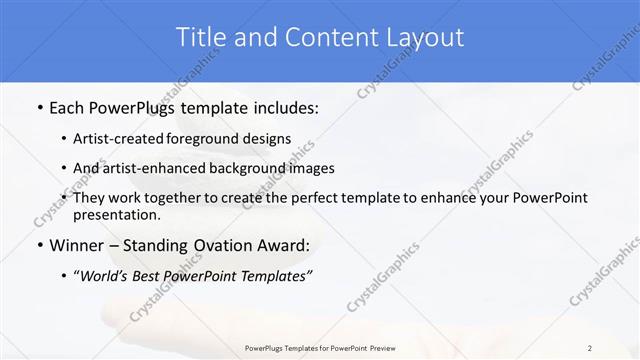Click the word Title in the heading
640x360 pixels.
click(202, 38)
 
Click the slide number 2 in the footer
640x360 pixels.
click(590, 347)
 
